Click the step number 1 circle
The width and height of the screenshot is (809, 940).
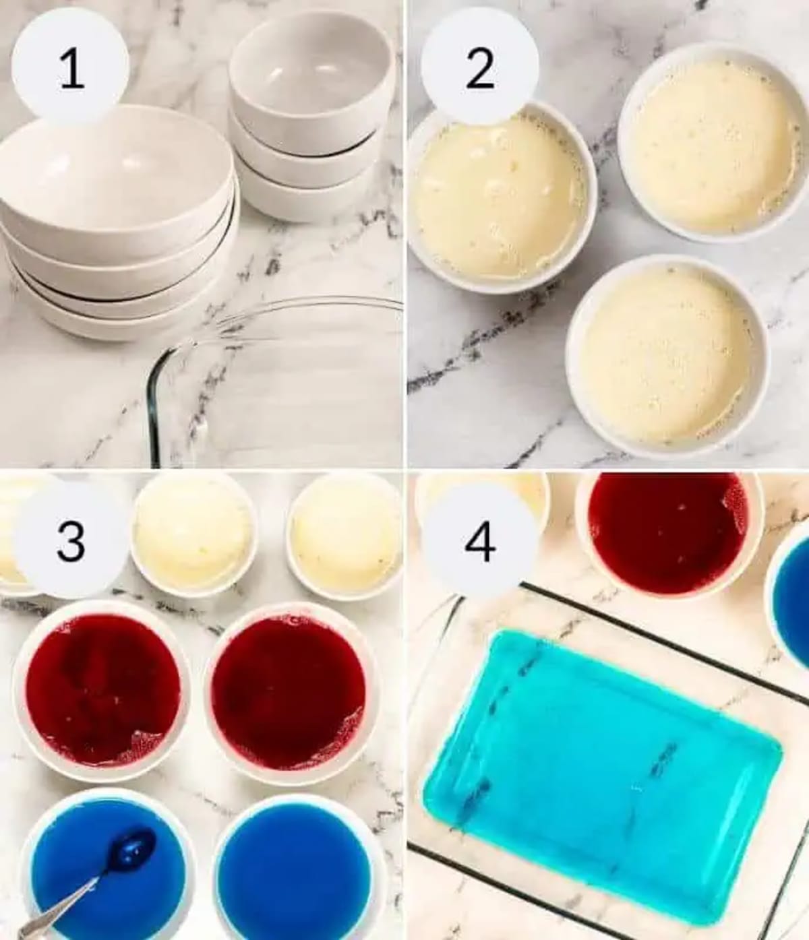click(70, 67)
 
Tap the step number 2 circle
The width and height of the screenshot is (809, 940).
click(479, 67)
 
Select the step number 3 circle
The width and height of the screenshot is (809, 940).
click(70, 539)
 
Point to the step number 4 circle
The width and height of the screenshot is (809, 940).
click(479, 539)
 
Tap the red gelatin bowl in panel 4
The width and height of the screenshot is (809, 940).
click(667, 532)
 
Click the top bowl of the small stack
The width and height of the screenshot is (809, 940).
click(311, 74)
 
